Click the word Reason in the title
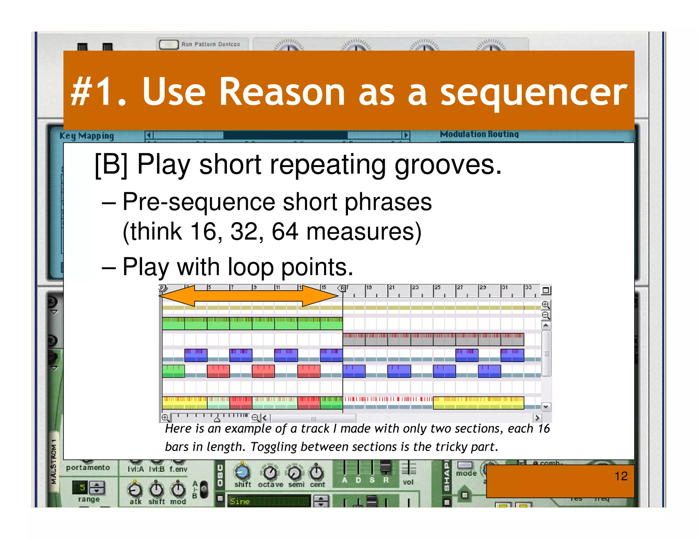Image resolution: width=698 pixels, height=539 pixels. pyautogui.click(x=282, y=92)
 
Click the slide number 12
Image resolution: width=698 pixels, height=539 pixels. pyautogui.click(x=621, y=476)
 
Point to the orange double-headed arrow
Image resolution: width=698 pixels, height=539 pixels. pyautogui.click(x=249, y=295)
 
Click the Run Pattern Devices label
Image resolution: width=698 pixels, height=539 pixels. pyautogui.click(x=210, y=44)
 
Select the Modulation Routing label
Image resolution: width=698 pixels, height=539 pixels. pyautogui.click(x=479, y=134)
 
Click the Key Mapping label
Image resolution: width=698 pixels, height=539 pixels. pyautogui.click(x=87, y=136)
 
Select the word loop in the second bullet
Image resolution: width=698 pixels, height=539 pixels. pyautogui.click(x=251, y=267)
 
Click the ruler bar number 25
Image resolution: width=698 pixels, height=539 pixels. pyautogui.click(x=438, y=288)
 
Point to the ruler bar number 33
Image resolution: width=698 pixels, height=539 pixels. pyautogui.click(x=528, y=288)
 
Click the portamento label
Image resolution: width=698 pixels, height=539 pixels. pyautogui.click(x=88, y=467)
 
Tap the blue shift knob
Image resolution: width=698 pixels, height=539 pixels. pyautogui.click(x=242, y=472)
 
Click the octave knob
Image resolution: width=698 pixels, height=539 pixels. pyautogui.click(x=270, y=472)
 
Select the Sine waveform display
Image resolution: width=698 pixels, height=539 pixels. pyautogui.click(x=268, y=501)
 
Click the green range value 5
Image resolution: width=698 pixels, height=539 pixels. pyautogui.click(x=82, y=488)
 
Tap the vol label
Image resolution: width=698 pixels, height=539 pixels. pyautogui.click(x=408, y=482)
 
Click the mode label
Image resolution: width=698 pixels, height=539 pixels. pyautogui.click(x=466, y=473)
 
